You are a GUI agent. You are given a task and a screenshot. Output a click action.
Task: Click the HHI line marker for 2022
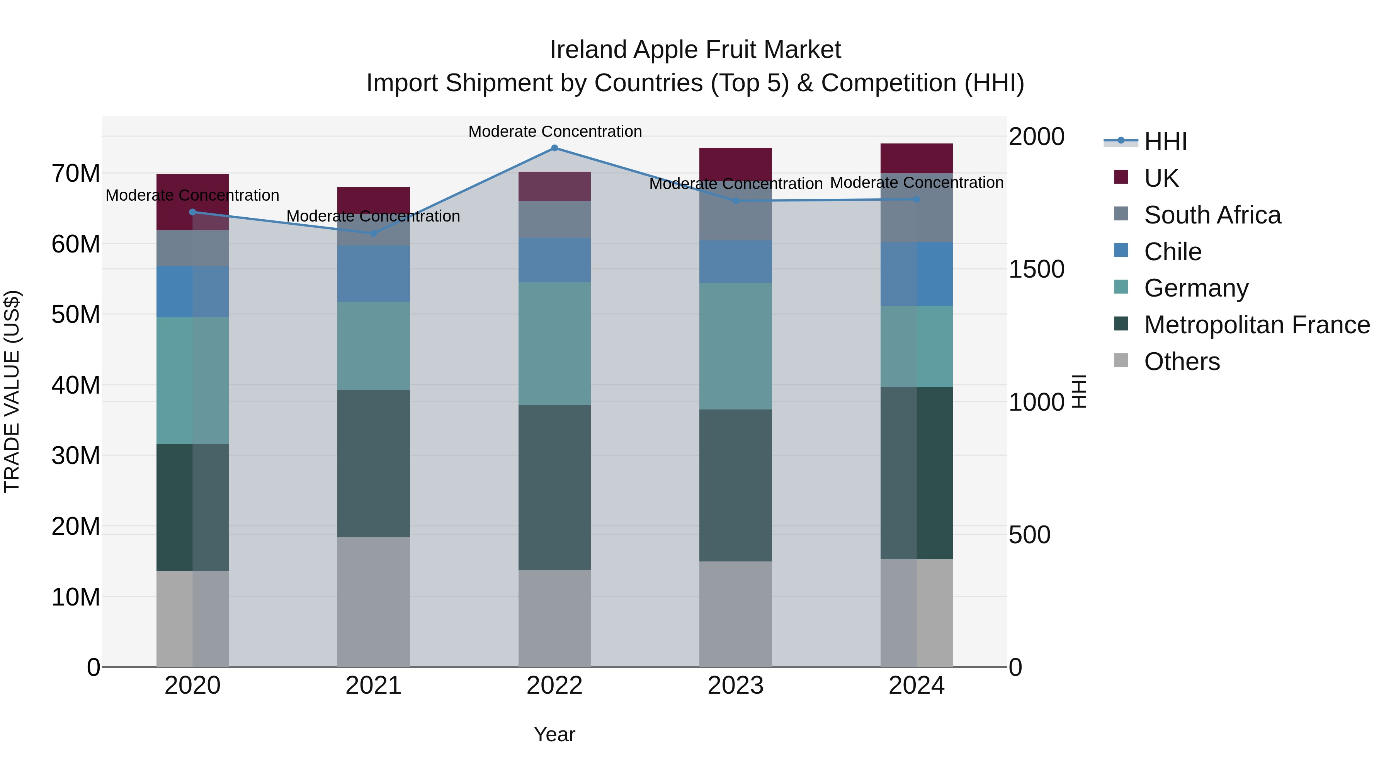click(554, 148)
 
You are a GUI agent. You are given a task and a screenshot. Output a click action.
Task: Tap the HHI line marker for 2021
click(373, 234)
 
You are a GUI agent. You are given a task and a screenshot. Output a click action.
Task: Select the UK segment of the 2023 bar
click(735, 164)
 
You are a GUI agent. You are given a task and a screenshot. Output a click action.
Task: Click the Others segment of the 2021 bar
click(373, 601)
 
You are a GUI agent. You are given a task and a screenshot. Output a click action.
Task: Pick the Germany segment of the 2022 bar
click(554, 344)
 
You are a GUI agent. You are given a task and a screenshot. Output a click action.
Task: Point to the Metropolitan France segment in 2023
click(735, 485)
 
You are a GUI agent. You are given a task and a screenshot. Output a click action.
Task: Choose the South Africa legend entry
click(1212, 215)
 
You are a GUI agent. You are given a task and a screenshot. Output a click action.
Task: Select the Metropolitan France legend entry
click(1256, 325)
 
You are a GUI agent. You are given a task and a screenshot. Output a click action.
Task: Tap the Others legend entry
click(1182, 362)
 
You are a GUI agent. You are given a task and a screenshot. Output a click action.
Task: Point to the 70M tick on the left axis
click(76, 174)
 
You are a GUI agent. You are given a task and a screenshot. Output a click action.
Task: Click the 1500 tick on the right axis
click(1036, 269)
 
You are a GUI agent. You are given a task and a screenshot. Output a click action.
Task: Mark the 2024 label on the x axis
click(917, 686)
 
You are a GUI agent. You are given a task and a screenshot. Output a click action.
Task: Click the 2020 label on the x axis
click(192, 686)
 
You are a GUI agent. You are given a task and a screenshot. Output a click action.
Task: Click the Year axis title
click(554, 734)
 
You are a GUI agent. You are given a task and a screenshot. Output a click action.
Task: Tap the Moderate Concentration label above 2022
click(554, 131)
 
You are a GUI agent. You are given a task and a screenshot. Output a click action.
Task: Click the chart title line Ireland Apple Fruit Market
click(695, 50)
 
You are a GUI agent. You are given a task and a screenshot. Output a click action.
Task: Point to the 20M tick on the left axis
click(76, 526)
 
